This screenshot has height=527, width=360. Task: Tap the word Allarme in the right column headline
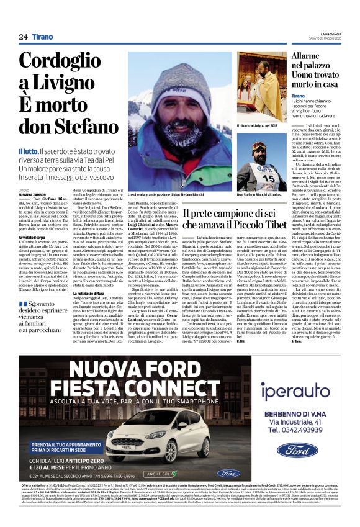(x=310, y=56)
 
